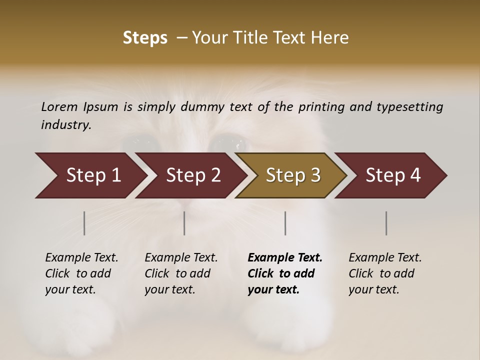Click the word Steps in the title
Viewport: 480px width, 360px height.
(x=145, y=38)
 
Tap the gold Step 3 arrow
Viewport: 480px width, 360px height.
(x=293, y=175)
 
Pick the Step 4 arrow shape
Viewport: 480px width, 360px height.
(x=393, y=175)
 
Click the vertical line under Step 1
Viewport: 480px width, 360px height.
(x=84, y=223)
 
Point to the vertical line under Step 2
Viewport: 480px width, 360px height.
(x=184, y=223)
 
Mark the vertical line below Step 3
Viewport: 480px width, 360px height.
(x=285, y=223)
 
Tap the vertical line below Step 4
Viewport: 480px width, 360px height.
(x=386, y=223)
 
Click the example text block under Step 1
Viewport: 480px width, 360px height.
(x=81, y=273)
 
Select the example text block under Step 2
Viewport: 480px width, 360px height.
(x=181, y=273)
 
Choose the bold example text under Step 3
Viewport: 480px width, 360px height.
(x=285, y=273)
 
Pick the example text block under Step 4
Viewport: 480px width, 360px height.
(x=385, y=273)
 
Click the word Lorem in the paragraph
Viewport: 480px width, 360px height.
(x=59, y=107)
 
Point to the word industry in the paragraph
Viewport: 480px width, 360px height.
(x=65, y=125)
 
